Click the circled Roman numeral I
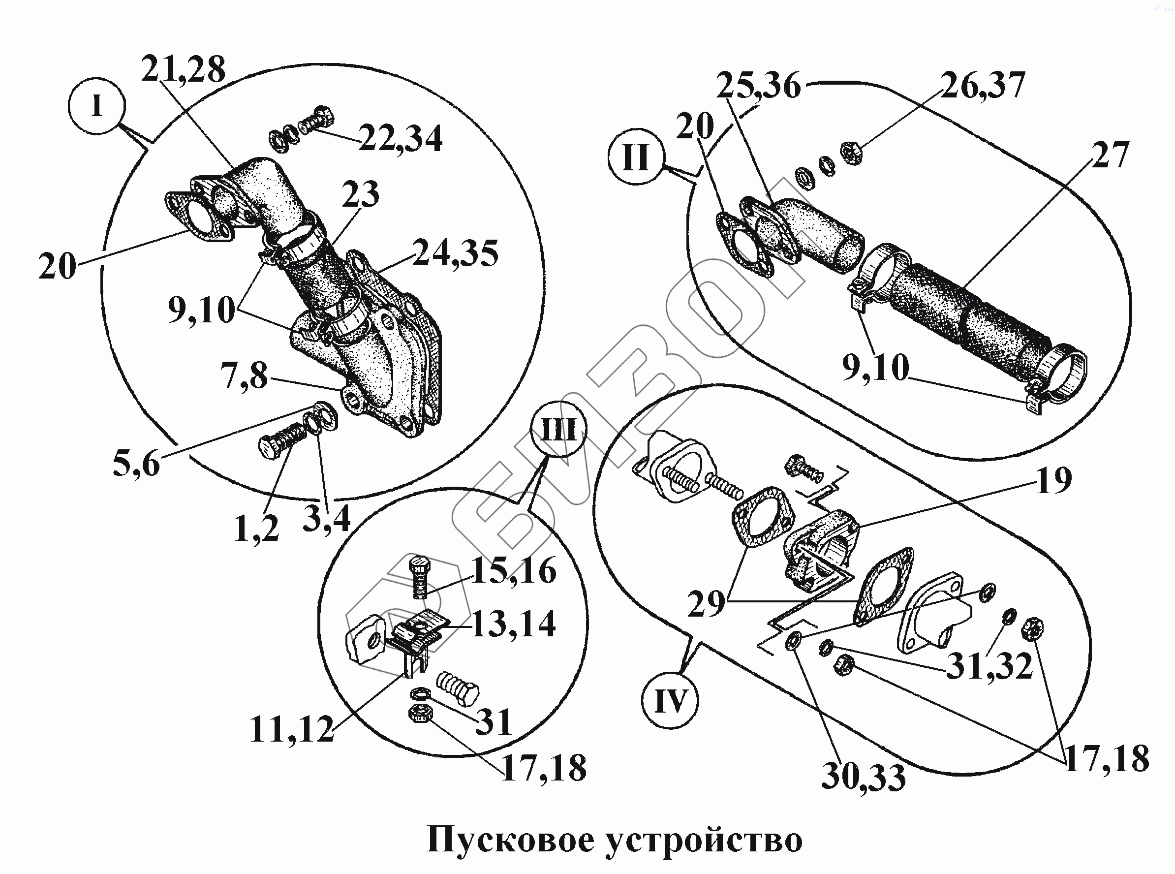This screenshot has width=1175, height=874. (97, 107)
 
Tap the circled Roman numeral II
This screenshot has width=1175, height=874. (635, 157)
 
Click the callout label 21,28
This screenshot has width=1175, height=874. (183, 69)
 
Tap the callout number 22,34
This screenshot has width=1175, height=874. (401, 138)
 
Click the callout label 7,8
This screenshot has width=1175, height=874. (245, 376)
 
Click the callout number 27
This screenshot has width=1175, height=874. (1110, 155)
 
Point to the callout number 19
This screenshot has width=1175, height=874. (1054, 480)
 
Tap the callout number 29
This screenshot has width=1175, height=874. (706, 604)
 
